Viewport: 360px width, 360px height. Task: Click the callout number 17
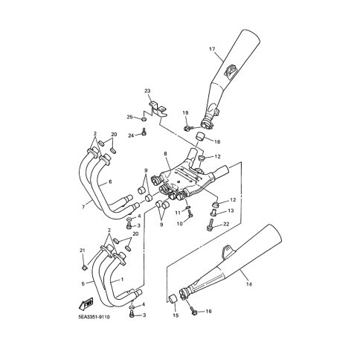click(212, 49)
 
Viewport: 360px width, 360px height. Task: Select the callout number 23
click(147, 91)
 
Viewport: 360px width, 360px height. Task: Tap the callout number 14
click(249, 284)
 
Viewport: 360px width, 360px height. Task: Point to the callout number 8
click(165, 154)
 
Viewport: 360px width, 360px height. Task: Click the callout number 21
click(83, 251)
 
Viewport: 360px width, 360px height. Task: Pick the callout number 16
click(208, 311)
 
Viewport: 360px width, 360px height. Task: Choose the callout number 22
click(226, 224)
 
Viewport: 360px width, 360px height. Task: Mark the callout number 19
click(185, 113)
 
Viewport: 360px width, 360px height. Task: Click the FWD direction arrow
click(86, 304)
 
